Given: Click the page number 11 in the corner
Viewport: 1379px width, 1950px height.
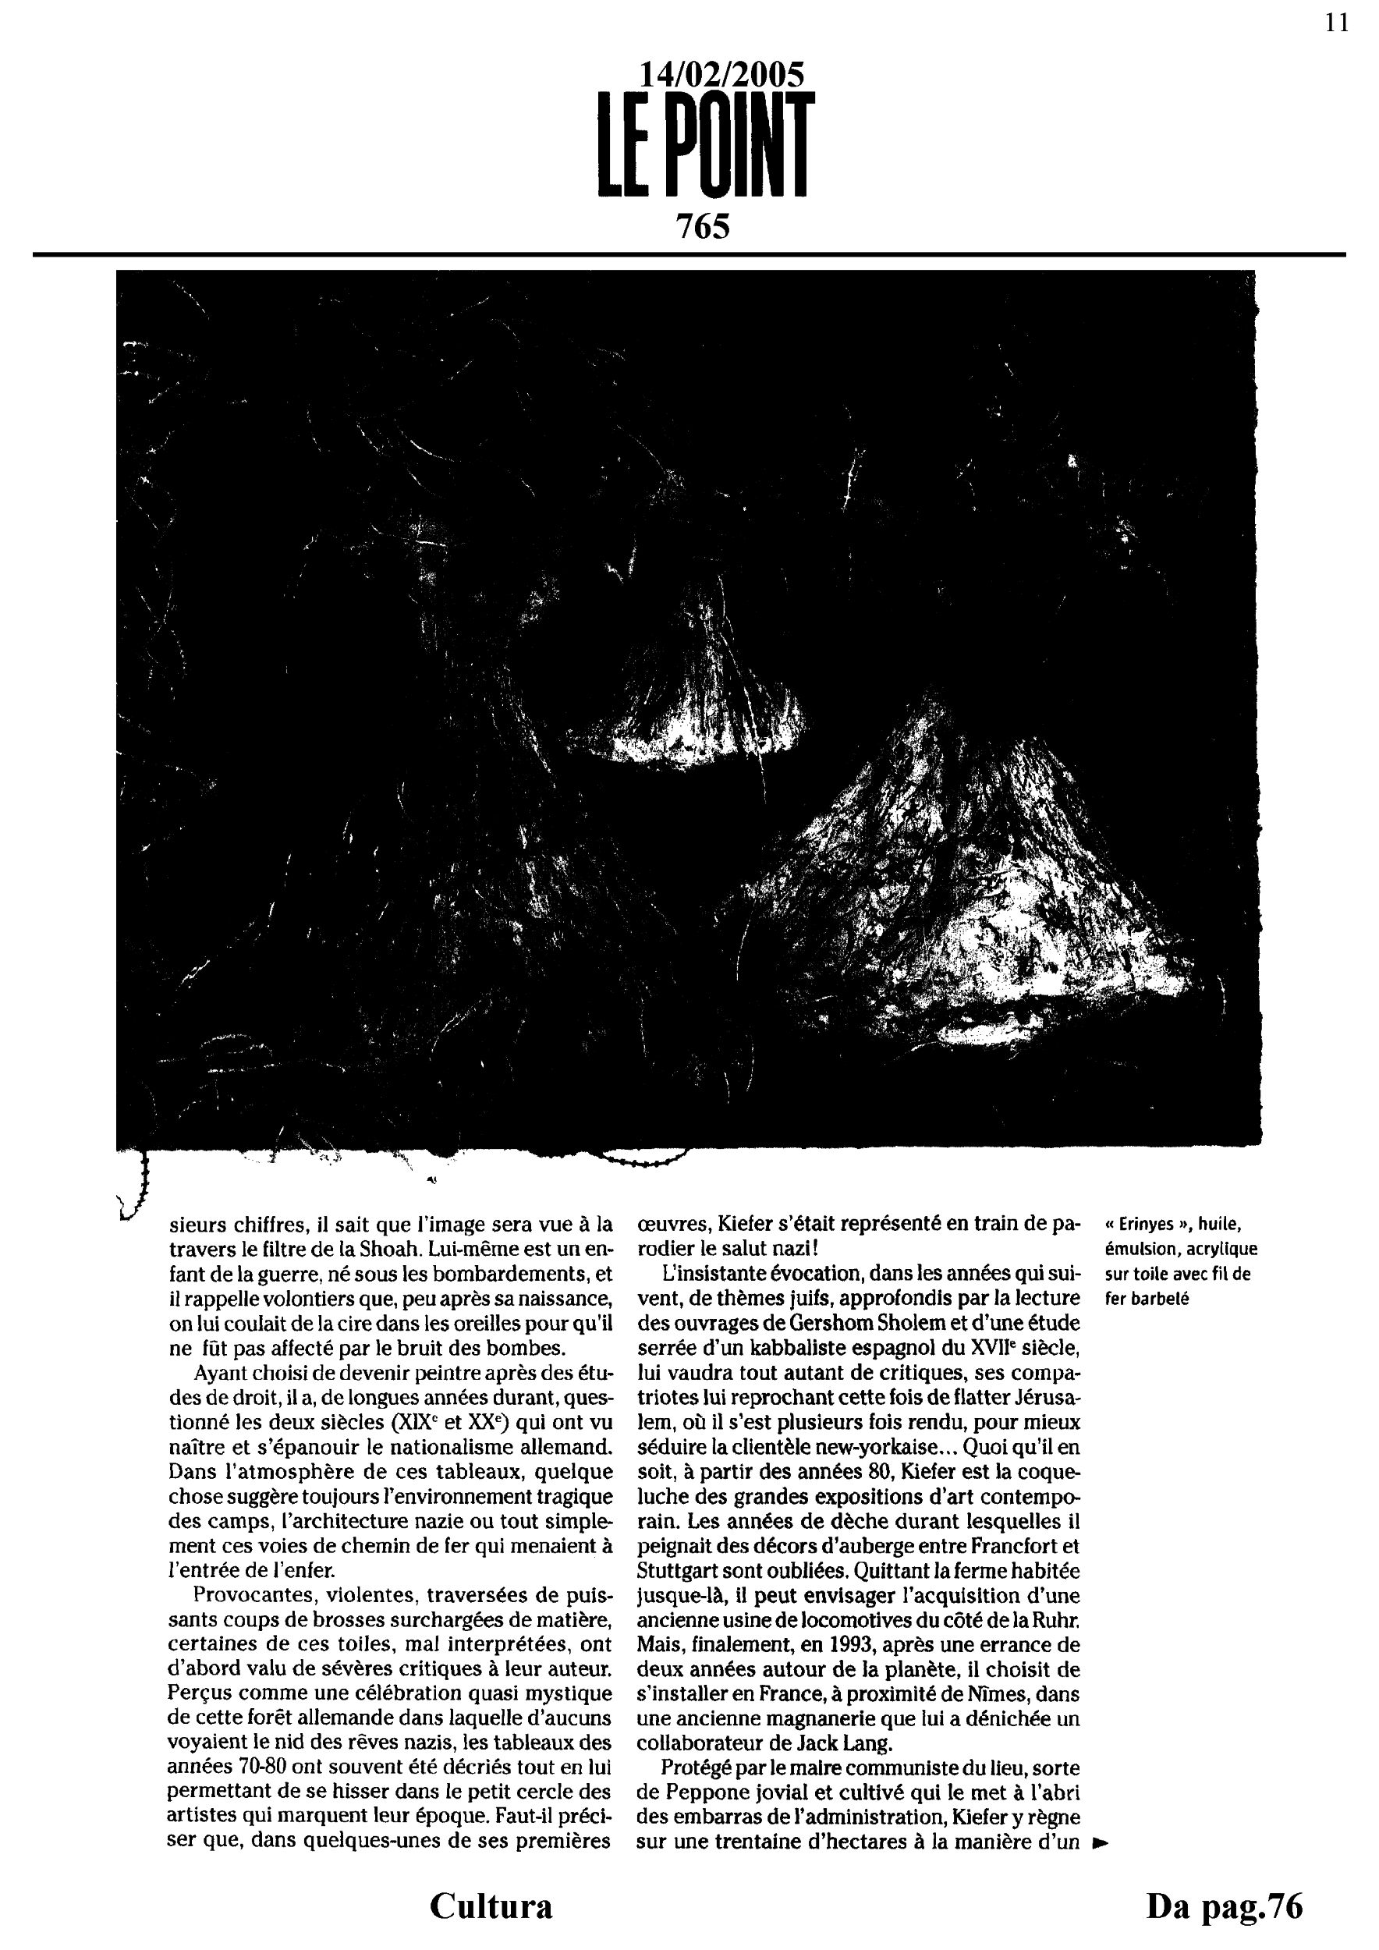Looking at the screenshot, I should tap(1337, 23).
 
